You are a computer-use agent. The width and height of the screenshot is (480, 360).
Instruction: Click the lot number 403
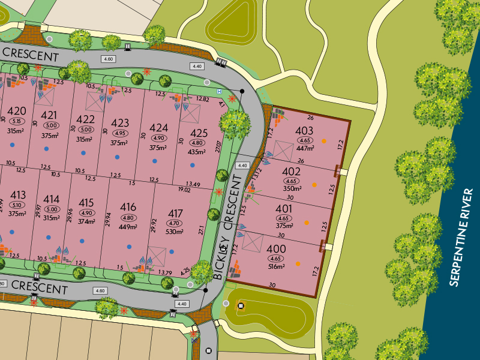coord(305,131)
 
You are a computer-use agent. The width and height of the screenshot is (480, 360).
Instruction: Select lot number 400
coord(277,249)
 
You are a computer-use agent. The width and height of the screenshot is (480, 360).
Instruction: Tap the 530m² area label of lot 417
coord(175,231)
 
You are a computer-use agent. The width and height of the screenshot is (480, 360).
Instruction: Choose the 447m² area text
coord(305,148)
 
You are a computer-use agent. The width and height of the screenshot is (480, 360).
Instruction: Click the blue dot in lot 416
coord(130,247)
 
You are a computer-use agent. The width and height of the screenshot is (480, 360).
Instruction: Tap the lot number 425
coord(198,133)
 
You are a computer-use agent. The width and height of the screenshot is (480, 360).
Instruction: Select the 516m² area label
coord(277,266)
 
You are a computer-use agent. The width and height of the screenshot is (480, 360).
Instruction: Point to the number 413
coord(18,195)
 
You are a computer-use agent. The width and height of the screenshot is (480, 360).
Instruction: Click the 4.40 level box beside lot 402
coord(242,166)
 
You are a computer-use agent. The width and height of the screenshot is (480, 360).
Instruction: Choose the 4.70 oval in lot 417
coord(175,223)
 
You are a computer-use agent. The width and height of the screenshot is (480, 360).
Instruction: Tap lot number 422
coord(86,119)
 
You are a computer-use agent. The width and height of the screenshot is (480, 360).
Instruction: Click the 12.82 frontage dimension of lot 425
coord(202,99)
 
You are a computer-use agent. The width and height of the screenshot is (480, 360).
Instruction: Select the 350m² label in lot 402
coord(292,188)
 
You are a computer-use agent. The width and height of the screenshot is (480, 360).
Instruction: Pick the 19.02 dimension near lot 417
coord(185,190)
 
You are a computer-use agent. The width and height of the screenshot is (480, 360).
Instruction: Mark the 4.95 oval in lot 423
coord(120,133)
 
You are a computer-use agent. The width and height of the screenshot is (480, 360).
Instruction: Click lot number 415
coord(86,203)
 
